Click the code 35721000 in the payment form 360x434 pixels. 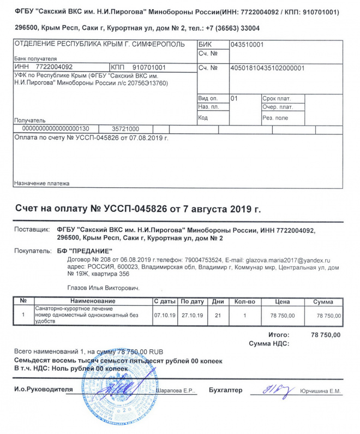point(125,129)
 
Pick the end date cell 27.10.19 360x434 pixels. point(192,315)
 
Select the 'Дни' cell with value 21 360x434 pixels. point(218,315)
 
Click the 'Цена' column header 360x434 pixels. point(282,301)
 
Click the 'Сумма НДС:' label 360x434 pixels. point(268,343)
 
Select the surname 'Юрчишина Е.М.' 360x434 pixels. point(320,391)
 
